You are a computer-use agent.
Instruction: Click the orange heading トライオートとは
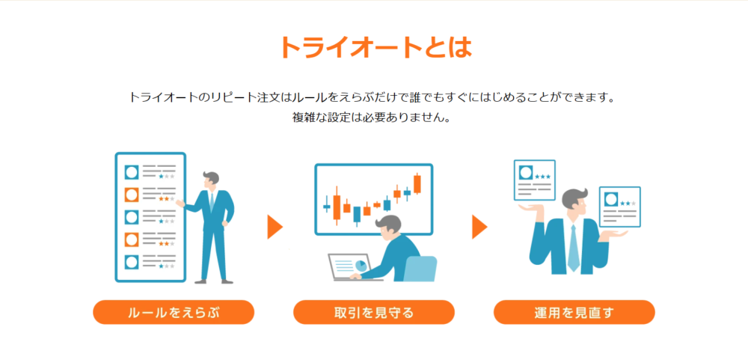(375, 47)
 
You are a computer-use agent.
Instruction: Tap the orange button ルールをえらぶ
(174, 312)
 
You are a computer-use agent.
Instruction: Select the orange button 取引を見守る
(374, 312)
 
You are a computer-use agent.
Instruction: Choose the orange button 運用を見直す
(574, 312)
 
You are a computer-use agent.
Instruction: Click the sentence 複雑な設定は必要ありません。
(372, 118)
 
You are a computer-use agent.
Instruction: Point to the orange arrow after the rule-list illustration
(275, 227)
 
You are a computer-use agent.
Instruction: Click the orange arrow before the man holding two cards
(479, 227)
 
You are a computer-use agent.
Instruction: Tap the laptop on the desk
(353, 266)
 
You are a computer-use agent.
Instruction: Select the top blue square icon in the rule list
(131, 172)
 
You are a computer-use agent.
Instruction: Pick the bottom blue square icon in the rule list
(131, 262)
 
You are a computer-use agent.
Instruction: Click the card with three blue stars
(534, 180)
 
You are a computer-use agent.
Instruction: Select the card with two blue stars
(619, 207)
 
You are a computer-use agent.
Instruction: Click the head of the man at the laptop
(390, 225)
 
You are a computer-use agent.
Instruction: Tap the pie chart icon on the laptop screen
(361, 266)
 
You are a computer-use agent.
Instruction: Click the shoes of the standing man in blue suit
(214, 281)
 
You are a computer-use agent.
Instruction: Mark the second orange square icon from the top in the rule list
(131, 240)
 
